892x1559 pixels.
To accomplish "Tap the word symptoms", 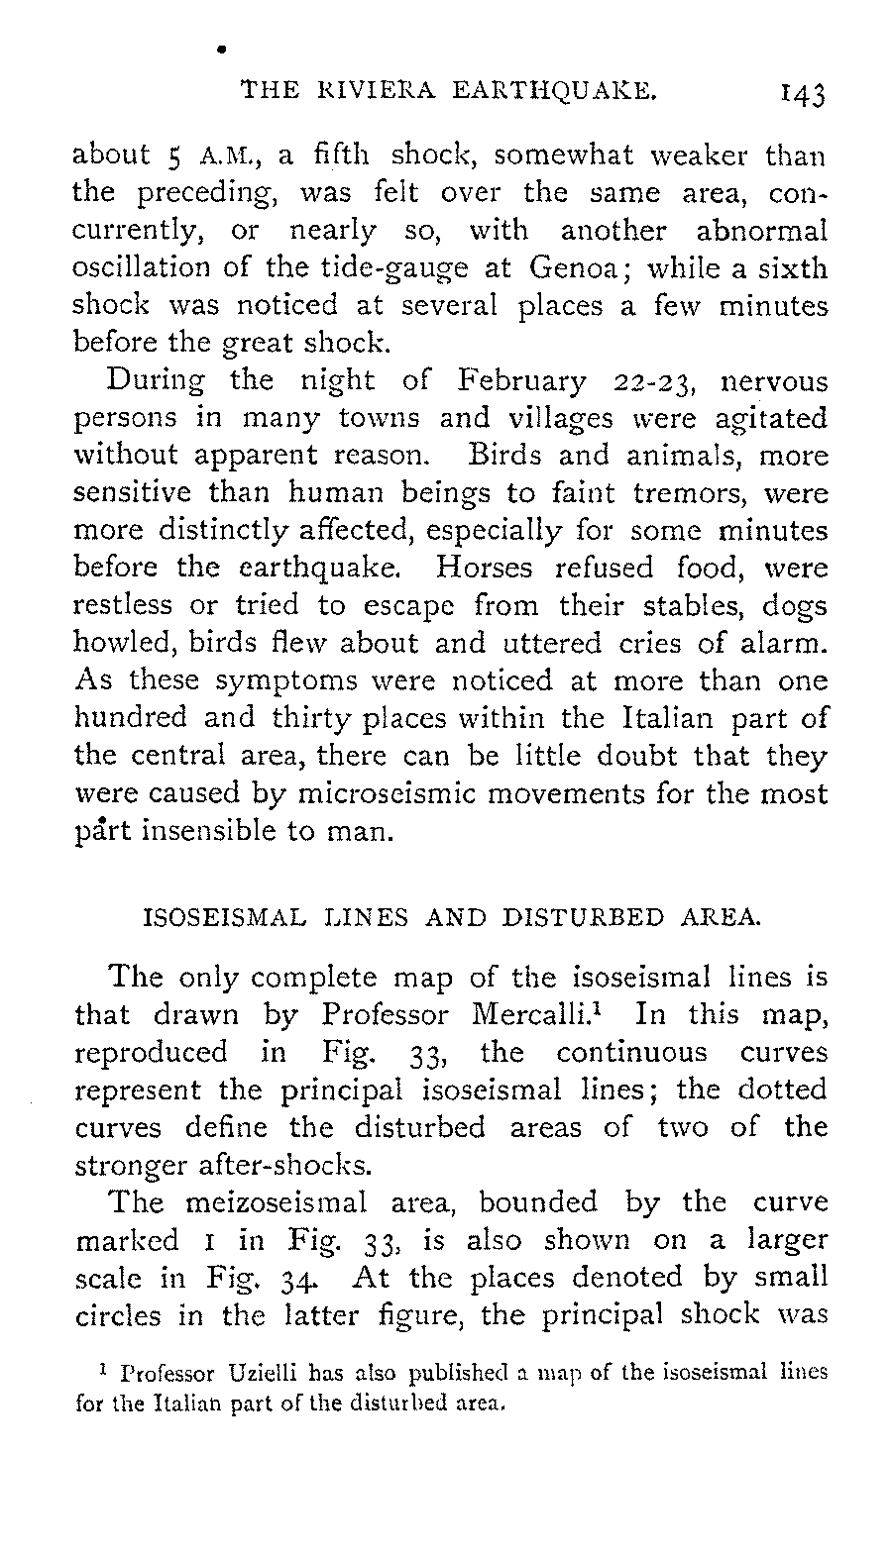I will (285, 681).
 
